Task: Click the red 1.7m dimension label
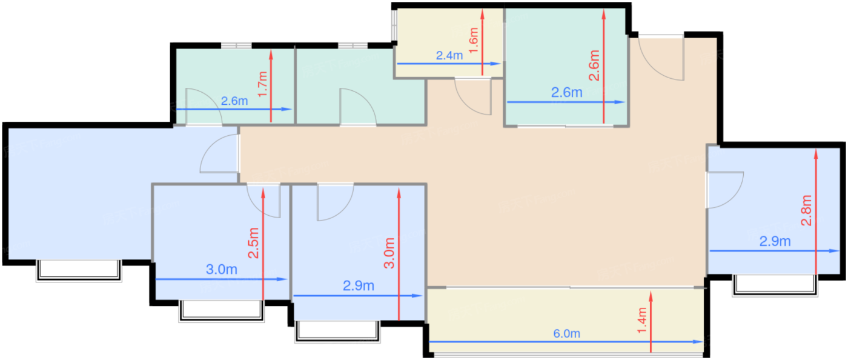[x=263, y=84]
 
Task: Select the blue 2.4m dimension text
[x=449, y=56]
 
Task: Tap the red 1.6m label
[x=474, y=41]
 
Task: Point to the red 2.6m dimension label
[x=594, y=65]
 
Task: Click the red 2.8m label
[x=806, y=210]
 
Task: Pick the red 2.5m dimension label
[x=253, y=243]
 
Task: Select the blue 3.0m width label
[x=222, y=270]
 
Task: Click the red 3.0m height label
[x=389, y=253]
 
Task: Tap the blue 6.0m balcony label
[x=567, y=333]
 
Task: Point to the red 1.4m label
[x=642, y=321]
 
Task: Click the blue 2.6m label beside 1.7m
[x=234, y=101]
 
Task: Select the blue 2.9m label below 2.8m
[x=775, y=241]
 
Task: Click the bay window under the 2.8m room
[x=775, y=285]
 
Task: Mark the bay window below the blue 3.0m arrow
[x=222, y=311]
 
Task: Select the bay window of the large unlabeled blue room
[x=79, y=270]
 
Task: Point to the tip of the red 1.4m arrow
[x=651, y=292]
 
